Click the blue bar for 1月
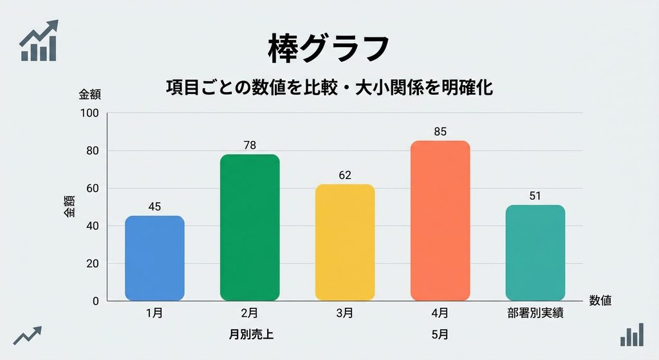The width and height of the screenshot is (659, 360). click(x=154, y=258)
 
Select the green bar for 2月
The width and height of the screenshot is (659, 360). click(x=250, y=227)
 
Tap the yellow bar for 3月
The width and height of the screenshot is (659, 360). click(x=345, y=243)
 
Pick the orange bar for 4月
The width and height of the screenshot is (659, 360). click(x=440, y=221)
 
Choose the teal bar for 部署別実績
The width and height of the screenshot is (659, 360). click(x=535, y=252)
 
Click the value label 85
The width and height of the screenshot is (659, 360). click(x=440, y=131)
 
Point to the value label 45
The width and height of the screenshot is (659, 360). click(x=154, y=207)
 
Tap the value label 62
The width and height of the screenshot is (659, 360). click(x=345, y=175)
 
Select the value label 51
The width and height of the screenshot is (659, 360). click(x=535, y=196)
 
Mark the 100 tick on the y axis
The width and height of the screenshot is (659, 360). click(x=89, y=113)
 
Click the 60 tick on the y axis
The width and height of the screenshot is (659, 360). click(x=93, y=189)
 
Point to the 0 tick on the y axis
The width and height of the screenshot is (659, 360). click(x=96, y=301)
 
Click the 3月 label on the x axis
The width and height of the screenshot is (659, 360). click(x=345, y=313)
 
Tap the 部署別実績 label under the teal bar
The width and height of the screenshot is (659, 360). click(x=535, y=313)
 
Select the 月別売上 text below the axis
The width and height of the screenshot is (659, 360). click(x=251, y=334)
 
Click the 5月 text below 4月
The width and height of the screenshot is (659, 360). click(x=440, y=334)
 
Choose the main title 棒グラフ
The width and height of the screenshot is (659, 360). click(x=329, y=48)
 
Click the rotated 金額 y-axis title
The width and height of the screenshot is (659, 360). click(x=70, y=206)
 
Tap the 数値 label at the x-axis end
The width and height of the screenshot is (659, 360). click(x=600, y=300)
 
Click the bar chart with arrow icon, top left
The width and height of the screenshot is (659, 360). click(x=39, y=41)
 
